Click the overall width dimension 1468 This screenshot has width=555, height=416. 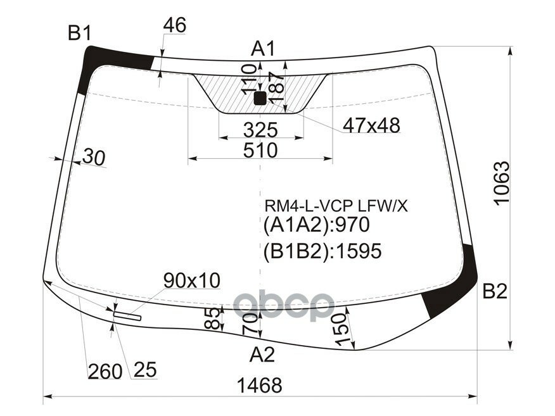pyautogui.click(x=260, y=385)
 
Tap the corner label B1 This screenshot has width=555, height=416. pyautogui.click(x=80, y=34)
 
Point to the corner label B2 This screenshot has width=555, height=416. pyautogui.click(x=495, y=292)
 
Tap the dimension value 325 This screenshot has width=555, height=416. pyautogui.click(x=260, y=130)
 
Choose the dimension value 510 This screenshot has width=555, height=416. pyautogui.click(x=260, y=151)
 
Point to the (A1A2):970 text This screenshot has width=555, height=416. pyautogui.click(x=316, y=226)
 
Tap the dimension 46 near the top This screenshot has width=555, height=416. pyautogui.click(x=174, y=25)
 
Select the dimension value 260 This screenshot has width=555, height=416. pyautogui.click(x=105, y=371)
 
